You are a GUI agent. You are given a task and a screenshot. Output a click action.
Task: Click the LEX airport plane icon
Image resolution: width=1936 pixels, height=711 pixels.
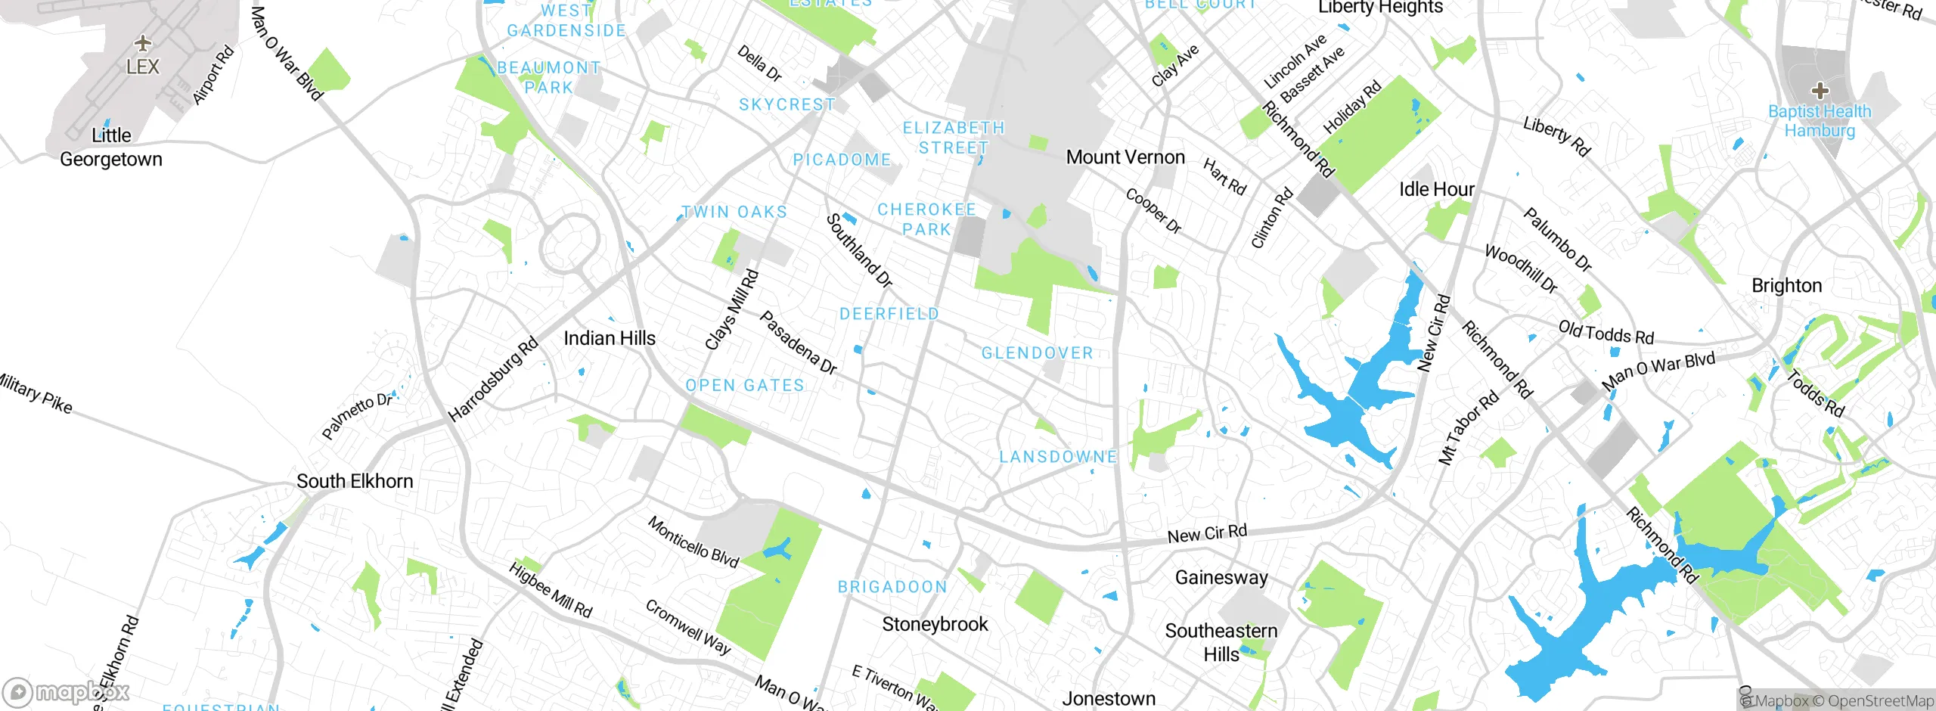click(143, 42)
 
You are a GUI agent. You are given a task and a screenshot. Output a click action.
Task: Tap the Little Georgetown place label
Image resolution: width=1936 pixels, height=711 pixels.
click(111, 147)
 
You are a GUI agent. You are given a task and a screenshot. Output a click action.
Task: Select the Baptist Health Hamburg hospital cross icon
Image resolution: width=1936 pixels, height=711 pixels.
click(1820, 92)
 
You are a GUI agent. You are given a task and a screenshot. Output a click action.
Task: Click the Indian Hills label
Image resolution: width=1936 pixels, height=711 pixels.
click(610, 338)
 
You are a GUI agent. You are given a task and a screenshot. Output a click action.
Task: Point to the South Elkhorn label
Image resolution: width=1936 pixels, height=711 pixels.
click(355, 481)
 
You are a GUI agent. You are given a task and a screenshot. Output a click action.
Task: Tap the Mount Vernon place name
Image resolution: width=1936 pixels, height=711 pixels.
click(1125, 157)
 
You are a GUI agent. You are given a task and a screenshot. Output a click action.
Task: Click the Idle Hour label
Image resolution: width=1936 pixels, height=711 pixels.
click(1436, 189)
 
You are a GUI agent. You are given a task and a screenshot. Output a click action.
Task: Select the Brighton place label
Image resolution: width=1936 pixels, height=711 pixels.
click(1786, 286)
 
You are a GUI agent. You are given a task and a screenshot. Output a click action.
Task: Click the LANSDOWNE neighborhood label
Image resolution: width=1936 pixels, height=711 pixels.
click(1058, 457)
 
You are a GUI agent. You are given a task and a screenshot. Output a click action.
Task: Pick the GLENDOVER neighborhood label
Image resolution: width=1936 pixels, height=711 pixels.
click(1037, 353)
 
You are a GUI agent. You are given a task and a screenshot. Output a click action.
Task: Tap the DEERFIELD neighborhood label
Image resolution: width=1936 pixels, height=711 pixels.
click(889, 314)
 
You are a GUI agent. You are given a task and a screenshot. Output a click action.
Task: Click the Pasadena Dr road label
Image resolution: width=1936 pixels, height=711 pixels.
click(798, 343)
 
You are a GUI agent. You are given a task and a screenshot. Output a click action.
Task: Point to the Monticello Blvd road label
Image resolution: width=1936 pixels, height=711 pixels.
click(693, 542)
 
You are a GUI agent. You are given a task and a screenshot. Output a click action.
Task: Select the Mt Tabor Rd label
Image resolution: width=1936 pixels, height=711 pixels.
click(1468, 428)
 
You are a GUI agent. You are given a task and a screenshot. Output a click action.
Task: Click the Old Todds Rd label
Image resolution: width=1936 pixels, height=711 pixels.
click(1606, 333)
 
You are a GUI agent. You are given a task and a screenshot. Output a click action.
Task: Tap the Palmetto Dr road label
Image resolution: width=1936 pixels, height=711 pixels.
click(357, 415)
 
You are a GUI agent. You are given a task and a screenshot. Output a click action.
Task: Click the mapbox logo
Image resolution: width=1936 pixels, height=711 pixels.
click(66, 691)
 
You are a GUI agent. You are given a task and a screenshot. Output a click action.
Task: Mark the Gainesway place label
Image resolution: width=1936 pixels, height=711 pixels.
click(1221, 578)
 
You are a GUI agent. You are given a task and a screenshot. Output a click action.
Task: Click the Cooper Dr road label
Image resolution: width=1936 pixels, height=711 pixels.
click(1153, 211)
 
